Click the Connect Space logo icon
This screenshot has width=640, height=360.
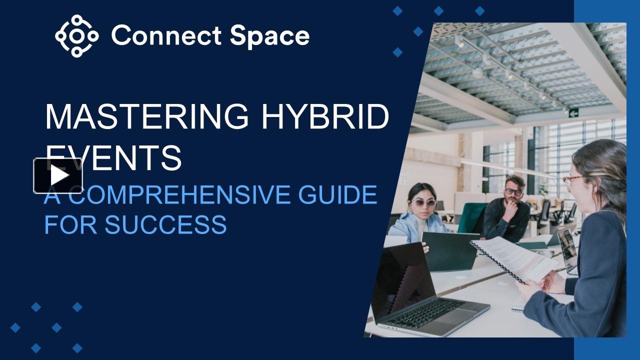[76, 35]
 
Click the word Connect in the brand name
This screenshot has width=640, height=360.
[165, 36]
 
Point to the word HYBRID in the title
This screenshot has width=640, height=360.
[325, 116]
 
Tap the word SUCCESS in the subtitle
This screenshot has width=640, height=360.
[165, 224]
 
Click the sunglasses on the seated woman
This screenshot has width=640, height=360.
[423, 203]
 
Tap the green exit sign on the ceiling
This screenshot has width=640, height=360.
[573, 112]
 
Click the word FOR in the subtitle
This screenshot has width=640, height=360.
[70, 224]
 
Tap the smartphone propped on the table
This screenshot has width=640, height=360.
[567, 247]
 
